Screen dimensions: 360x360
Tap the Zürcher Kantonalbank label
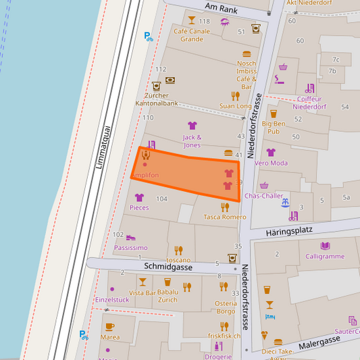pos(161,99)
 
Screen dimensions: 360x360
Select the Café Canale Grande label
pos(191,34)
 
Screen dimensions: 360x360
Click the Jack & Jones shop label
pos(192,141)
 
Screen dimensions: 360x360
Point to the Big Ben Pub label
pos(274,127)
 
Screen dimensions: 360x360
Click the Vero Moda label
pos(271,163)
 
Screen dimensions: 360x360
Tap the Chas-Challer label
pos(263,196)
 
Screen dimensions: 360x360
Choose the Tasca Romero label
pos(225,217)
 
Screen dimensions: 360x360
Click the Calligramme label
pos(325,257)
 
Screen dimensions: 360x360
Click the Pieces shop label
pos(139,207)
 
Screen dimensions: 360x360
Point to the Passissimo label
pos(130,248)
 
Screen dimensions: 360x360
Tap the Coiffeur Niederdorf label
pos(311,103)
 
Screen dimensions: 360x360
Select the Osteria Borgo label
pos(226,307)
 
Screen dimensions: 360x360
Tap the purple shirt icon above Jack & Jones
pos(192,126)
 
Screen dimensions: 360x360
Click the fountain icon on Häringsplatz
pos(286,202)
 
